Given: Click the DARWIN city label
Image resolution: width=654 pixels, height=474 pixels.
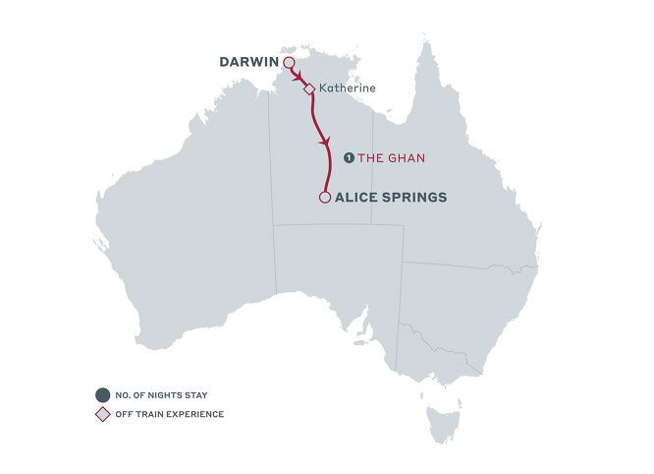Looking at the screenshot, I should (249, 63).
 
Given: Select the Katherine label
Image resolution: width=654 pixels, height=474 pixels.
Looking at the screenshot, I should (348, 88).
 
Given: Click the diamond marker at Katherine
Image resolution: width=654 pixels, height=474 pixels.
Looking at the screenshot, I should (308, 89).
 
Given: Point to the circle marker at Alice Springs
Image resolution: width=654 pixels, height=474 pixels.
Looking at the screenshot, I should (324, 198).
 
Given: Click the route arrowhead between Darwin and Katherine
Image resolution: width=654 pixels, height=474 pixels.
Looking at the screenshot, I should (298, 76).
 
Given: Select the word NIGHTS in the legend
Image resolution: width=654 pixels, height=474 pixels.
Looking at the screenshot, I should (159, 393).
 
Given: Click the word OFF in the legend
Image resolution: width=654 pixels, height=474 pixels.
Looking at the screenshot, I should (123, 414).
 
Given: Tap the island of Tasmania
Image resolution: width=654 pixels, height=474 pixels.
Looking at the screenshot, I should (441, 422).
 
